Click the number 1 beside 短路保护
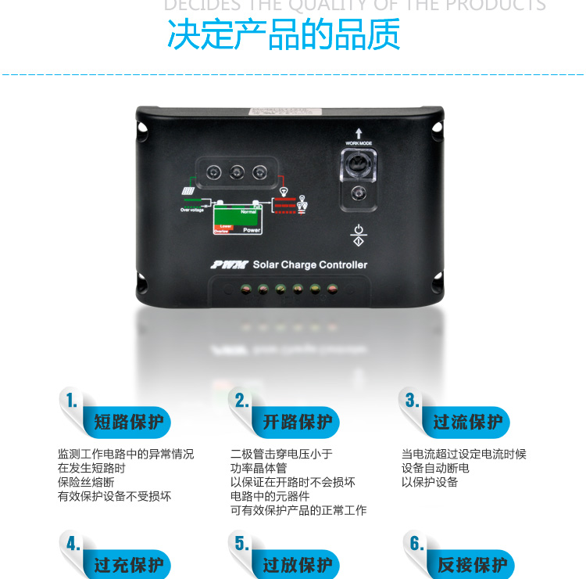pos(72,401)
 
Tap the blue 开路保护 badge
pos(297,423)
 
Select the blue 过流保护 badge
pos(467,423)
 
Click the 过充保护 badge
pos(128,564)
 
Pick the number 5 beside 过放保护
pos(241,544)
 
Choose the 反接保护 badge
pos(471,564)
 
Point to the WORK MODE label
pos(359,143)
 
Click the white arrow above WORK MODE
pos(359,133)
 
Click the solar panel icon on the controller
pos(189,190)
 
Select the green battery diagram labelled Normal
pos(238,218)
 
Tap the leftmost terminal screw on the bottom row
pos(246,289)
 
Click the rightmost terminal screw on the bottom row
pos(332,289)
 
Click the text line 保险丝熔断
pos(86,482)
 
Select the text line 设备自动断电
pos(435,468)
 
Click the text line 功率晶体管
pos(259,468)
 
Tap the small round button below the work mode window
pos(359,192)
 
